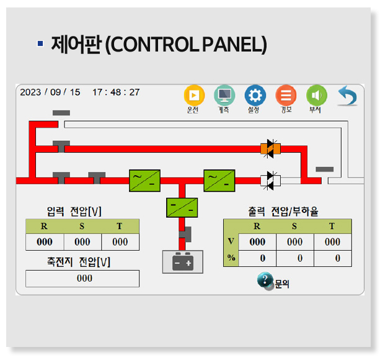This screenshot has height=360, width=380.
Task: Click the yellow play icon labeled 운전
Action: (194, 95)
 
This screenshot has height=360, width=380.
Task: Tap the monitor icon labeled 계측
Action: (224, 95)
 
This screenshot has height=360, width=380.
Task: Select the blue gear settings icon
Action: (255, 95)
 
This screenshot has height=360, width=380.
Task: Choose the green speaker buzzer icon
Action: (316, 95)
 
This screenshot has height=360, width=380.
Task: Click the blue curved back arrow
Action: (347, 96)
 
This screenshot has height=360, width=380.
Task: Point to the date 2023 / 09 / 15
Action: (50, 92)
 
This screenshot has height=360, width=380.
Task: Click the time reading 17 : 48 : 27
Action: (116, 92)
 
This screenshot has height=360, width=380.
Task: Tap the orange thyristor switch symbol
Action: (270, 148)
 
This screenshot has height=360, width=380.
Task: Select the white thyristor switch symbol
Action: (270, 180)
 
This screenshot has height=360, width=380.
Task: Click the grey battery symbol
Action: (182, 262)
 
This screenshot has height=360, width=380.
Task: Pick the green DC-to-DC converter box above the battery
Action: (182, 207)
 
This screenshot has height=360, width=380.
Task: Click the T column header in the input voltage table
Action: (120, 227)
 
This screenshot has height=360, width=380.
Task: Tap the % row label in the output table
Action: (231, 258)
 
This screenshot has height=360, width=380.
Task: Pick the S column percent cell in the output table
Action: (294, 258)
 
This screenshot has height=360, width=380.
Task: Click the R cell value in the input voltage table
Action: (44, 242)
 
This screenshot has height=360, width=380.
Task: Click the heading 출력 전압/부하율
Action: (287, 210)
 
